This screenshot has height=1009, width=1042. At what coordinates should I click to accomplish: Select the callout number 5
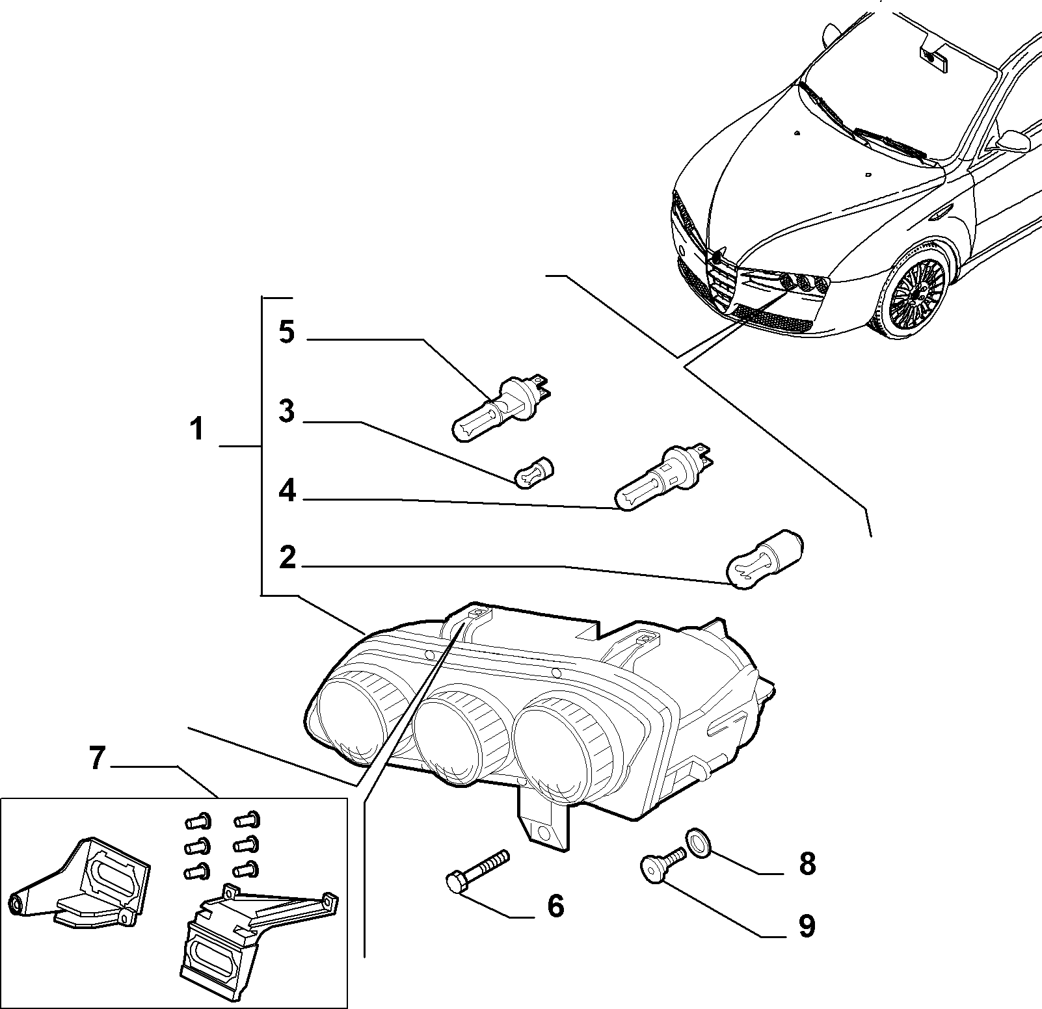click(286, 332)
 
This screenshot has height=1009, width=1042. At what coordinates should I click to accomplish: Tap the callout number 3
click(286, 412)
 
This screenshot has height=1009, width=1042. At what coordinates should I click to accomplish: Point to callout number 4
click(287, 491)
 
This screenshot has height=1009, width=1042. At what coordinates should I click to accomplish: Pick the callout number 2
click(287, 558)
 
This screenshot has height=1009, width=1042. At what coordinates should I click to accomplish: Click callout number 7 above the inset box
click(96, 758)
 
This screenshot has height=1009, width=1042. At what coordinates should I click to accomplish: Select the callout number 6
click(555, 906)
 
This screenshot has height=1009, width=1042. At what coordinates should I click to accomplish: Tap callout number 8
click(807, 864)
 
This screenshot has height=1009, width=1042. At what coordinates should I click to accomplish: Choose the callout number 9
click(807, 926)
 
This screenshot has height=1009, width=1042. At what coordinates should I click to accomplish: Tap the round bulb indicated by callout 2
click(764, 561)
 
